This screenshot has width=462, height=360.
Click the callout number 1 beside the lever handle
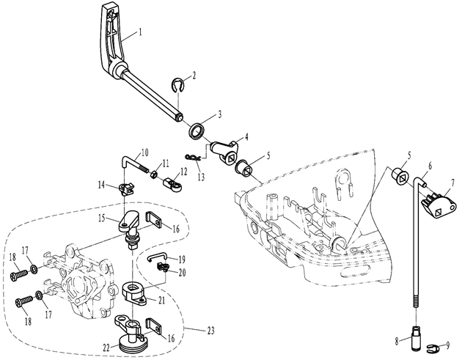(141, 32)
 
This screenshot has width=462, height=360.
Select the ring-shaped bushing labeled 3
(197, 131)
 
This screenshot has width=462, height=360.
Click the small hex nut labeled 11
(153, 174)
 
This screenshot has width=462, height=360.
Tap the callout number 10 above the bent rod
(144, 153)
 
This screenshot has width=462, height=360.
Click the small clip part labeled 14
(127, 189)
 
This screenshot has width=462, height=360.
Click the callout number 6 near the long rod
(430, 166)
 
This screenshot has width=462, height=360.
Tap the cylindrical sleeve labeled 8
(416, 338)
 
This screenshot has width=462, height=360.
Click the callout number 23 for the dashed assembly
(210, 330)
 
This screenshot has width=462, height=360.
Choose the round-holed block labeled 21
(135, 291)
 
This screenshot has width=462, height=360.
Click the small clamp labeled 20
(161, 267)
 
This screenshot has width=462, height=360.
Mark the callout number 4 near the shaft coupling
(246, 137)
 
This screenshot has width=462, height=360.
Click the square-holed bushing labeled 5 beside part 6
(399, 176)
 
